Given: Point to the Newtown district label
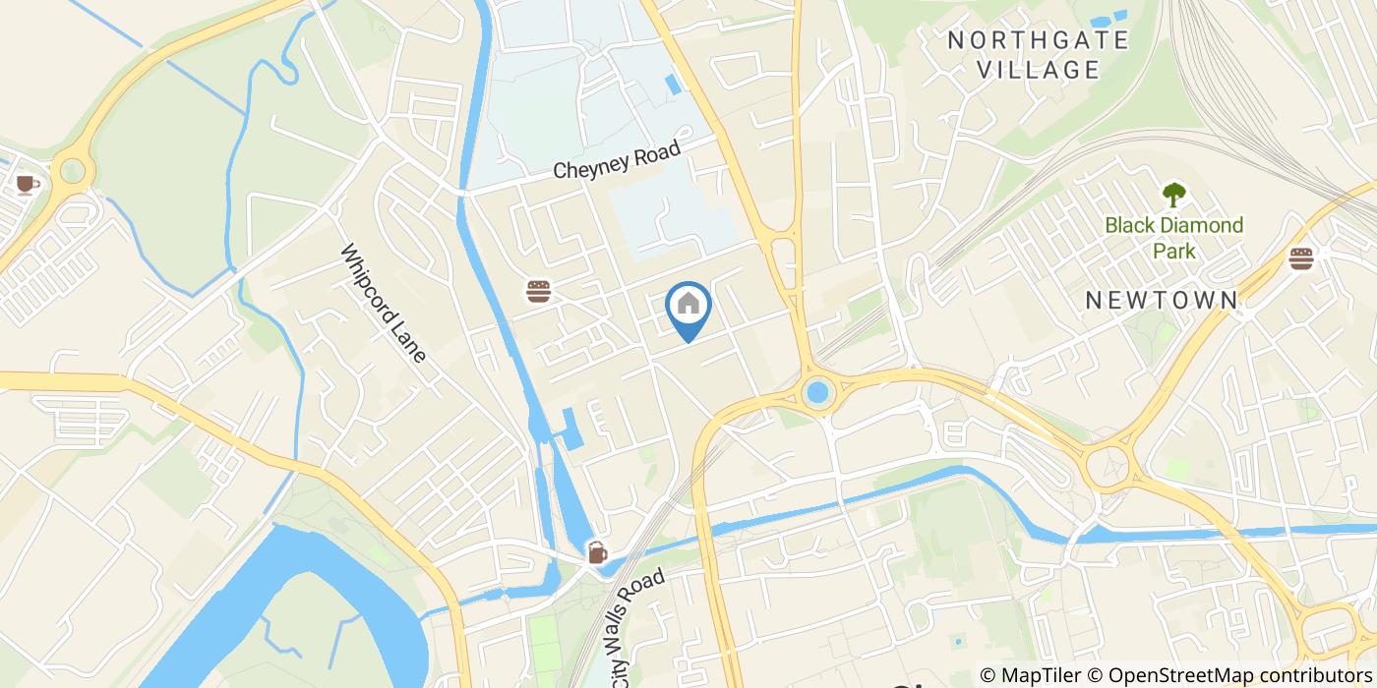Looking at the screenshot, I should pyautogui.click(x=1162, y=301).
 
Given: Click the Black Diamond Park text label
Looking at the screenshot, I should pyautogui.click(x=1173, y=238).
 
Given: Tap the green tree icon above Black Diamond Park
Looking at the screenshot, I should pyautogui.click(x=1173, y=194).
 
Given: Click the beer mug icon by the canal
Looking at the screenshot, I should pyautogui.click(x=597, y=552).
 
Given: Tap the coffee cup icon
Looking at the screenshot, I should pyautogui.click(x=27, y=184).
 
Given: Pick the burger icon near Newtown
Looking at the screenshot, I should pyautogui.click(x=1301, y=258).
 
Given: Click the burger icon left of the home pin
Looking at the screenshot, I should pyautogui.click(x=538, y=291).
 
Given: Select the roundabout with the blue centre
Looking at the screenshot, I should pyautogui.click(x=816, y=394).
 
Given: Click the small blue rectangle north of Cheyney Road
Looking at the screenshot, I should pyautogui.click(x=672, y=85).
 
